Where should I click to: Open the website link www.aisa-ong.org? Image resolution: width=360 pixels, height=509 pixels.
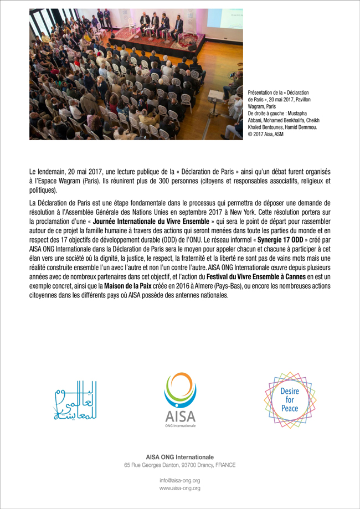coord(179,488)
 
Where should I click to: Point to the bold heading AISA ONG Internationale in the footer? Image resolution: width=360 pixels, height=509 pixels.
coord(179,456)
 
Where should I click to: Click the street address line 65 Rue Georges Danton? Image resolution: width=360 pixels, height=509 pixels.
coord(179,465)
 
